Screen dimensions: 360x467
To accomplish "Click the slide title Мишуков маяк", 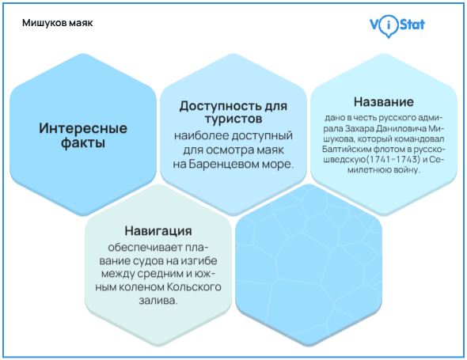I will tap(58, 22).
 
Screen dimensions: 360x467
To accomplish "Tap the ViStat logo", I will tap(397, 25).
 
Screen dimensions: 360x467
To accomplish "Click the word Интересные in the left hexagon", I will tap(83, 128).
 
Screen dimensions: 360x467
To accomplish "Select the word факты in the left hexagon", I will tap(83, 144).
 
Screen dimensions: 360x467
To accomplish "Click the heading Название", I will tap(383, 102).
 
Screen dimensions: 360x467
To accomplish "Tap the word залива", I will tap(155, 301).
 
